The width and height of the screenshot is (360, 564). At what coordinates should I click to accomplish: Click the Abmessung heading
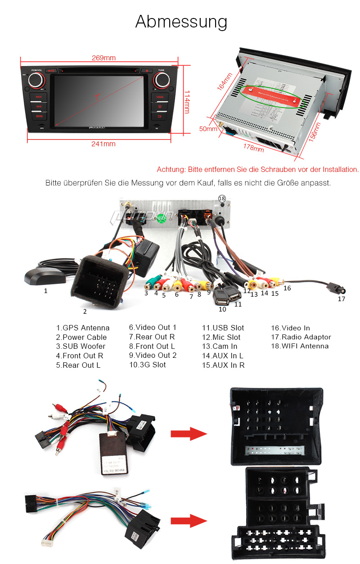tap(181, 22)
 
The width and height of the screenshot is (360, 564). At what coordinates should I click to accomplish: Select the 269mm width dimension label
tap(103, 58)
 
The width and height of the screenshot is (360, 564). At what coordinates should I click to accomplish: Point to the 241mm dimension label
tap(103, 144)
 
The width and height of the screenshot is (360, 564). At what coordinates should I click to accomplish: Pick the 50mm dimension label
tap(208, 129)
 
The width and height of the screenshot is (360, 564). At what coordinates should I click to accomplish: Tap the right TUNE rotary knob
tap(161, 81)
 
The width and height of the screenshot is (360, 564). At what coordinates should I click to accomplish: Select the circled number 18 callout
tap(221, 198)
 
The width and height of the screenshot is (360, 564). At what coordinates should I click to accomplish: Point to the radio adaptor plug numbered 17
tap(335, 287)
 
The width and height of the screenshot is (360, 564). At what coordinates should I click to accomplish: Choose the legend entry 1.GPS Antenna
tap(83, 328)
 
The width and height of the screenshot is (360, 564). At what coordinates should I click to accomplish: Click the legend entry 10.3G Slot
tap(147, 365)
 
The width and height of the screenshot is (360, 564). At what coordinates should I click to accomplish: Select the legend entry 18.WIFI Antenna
tap(300, 346)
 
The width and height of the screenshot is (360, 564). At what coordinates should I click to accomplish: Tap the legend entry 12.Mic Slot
tap(221, 337)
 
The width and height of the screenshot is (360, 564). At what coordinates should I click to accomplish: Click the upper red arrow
tap(188, 434)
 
